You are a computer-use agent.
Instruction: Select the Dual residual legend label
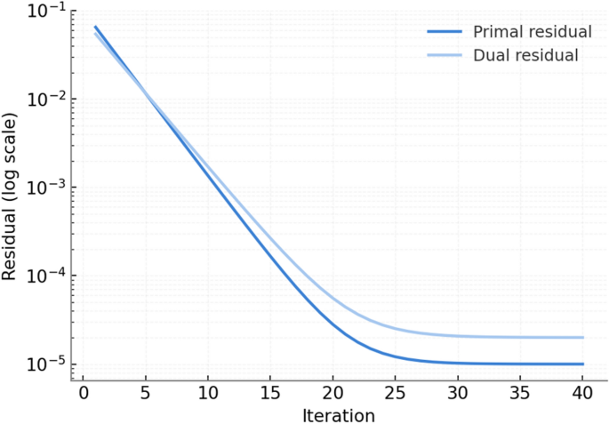coord(526,55)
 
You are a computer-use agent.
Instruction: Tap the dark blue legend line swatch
coord(445,32)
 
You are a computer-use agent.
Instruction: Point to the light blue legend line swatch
coord(445,55)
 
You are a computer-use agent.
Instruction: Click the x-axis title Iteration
coord(339,414)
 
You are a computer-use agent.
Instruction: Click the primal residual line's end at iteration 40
coord(583,364)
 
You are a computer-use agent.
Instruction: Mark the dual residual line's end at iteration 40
coord(583,338)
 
